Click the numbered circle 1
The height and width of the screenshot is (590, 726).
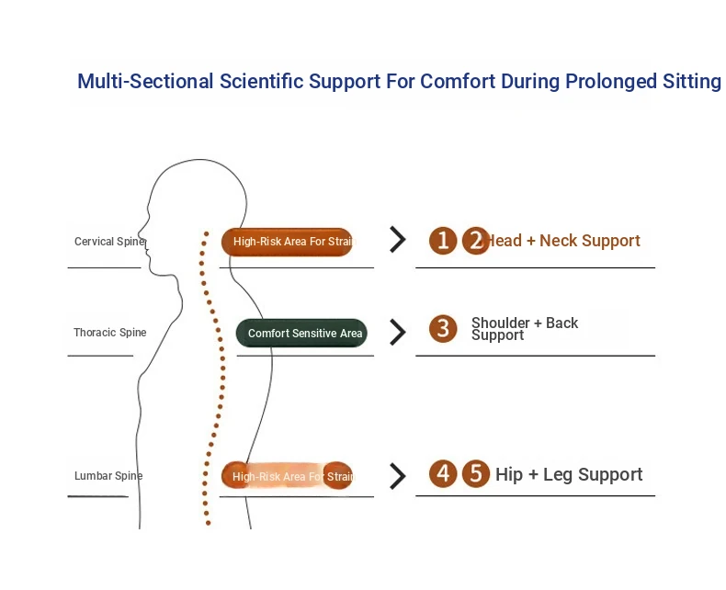pyautogui.click(x=443, y=241)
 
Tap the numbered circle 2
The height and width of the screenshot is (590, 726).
pyautogui.click(x=475, y=241)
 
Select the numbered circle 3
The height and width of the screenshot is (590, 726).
pyautogui.click(x=443, y=329)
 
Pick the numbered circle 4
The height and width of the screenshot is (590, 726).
pyautogui.click(x=444, y=474)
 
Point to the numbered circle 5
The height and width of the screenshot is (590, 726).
pyautogui.click(x=475, y=474)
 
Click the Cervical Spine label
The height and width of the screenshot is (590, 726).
pyautogui.click(x=108, y=242)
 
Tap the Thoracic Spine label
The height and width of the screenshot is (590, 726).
pyautogui.click(x=109, y=333)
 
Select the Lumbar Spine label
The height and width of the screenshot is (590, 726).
pyautogui.click(x=108, y=476)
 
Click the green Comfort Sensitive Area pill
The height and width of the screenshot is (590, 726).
pyautogui.click(x=302, y=334)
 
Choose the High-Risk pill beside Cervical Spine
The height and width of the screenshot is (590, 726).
pyautogui.click(x=287, y=243)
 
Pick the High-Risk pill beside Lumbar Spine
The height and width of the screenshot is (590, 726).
pyautogui.click(x=287, y=476)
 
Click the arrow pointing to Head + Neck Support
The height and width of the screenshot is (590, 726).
pyautogui.click(x=397, y=241)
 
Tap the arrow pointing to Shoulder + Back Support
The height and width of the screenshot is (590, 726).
pyautogui.click(x=397, y=332)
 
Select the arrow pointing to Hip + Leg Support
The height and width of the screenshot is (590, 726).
pyautogui.click(x=397, y=476)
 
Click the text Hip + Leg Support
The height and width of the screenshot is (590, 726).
pyautogui.click(x=569, y=475)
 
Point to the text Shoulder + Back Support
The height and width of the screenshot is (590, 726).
pyautogui.click(x=524, y=329)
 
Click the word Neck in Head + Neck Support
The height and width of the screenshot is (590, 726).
pyautogui.click(x=559, y=241)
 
